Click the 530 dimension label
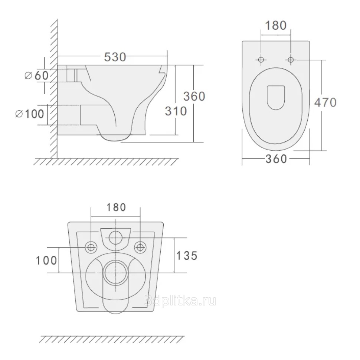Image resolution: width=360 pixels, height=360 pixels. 115,57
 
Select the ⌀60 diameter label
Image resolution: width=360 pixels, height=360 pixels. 37,75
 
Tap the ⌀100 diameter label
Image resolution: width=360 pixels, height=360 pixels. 30,114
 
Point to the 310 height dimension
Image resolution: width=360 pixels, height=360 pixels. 176,111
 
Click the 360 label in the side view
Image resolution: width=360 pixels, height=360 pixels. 194,96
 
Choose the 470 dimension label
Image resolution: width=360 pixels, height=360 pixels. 325,102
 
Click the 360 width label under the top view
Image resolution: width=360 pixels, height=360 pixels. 276,158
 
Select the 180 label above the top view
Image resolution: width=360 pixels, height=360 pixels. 276,26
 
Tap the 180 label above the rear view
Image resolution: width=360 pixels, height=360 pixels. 116,207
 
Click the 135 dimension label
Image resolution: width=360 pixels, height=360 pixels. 187,256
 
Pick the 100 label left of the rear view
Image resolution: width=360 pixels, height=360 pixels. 46,261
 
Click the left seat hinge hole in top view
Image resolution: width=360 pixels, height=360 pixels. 261,60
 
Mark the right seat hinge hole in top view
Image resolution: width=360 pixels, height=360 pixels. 291,60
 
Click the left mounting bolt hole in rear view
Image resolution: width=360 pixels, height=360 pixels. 91,247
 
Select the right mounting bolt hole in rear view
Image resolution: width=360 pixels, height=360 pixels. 140,247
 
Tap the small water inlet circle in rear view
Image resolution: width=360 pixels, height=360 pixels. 115,238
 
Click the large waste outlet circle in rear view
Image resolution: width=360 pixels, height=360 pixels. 115,273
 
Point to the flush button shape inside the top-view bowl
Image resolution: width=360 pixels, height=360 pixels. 276,97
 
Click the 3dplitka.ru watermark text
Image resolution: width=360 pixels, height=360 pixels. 180,301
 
